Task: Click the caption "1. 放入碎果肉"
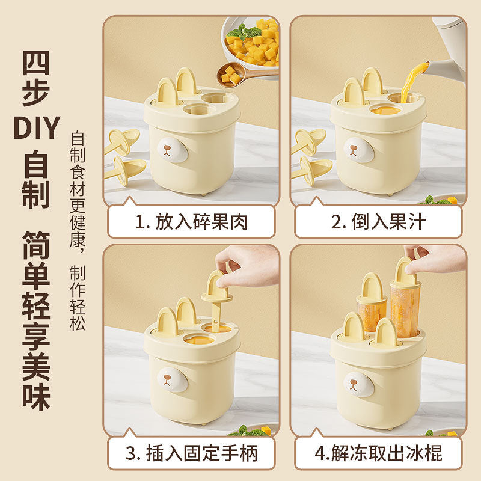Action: tap(191, 222)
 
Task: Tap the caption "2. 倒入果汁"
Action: tap(378, 222)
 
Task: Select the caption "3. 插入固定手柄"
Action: tap(191, 452)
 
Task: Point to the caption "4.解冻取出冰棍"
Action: tap(378, 452)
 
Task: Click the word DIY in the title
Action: tap(37, 128)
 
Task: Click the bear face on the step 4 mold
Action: tap(359, 383)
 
